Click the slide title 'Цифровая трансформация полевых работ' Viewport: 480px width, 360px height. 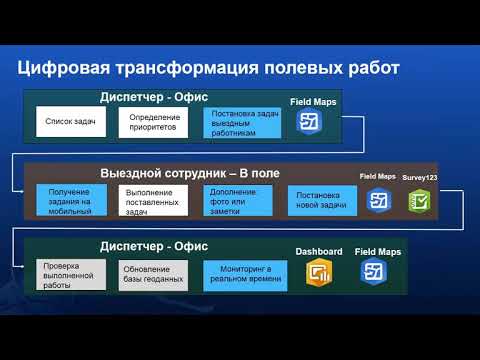(209, 68)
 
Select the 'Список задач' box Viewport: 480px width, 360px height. (70, 122)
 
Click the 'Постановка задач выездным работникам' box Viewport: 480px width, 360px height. (241, 123)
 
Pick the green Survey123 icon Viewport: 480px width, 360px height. (419, 200)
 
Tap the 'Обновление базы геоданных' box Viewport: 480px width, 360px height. (153, 274)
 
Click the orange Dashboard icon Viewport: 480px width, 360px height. (320, 273)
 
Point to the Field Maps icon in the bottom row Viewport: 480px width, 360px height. (373, 273)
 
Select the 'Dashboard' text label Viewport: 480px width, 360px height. (319, 251)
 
